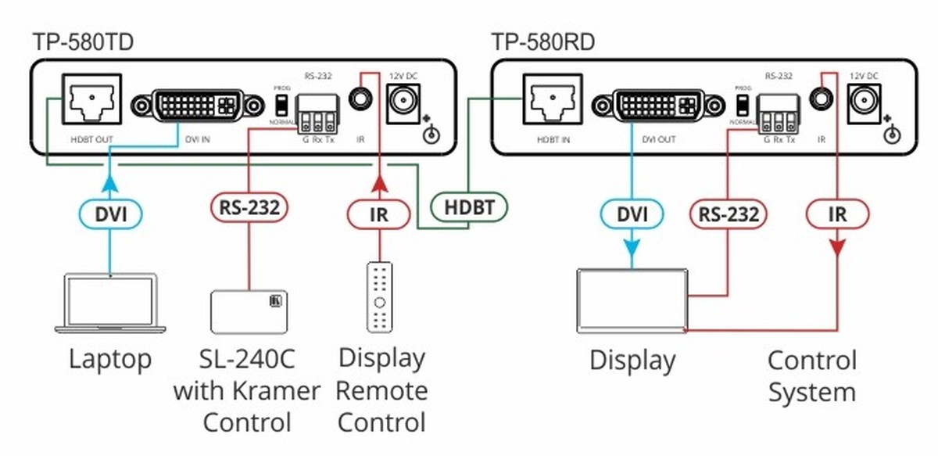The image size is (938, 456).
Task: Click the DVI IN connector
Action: pos(198,105)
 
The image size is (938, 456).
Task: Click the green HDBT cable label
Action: pos(469,206)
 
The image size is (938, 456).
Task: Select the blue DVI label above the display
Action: pos(632,214)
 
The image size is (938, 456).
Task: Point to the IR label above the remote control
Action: pos(378,213)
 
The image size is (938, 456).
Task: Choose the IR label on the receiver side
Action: pos(836,214)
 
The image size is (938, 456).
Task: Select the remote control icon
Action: pos(380,297)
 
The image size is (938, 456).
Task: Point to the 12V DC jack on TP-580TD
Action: pos(405,100)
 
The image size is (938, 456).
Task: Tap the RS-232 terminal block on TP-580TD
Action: pos(318,113)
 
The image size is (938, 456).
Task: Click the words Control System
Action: pos(811,376)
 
